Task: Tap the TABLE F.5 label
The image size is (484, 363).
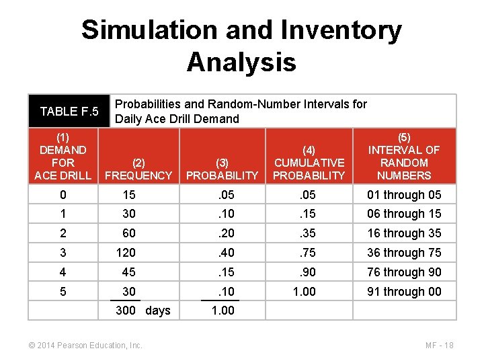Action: point(69,111)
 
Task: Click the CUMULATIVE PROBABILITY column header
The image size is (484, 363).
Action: point(309,169)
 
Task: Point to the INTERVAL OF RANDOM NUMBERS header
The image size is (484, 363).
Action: point(404,156)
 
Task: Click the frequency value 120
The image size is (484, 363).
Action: point(126,253)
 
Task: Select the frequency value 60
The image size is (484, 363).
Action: point(128,233)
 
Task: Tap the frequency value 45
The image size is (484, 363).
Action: point(128,272)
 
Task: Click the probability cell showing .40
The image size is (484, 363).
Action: point(223,253)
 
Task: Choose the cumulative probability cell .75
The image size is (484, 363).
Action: point(309,253)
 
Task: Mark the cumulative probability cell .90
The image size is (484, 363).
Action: point(309,272)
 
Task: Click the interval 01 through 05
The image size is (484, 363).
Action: point(404,195)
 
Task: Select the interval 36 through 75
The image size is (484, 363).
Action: point(404,253)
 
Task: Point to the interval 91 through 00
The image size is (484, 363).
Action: point(404,292)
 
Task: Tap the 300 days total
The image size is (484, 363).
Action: point(143,311)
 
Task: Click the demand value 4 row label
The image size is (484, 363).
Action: point(63,272)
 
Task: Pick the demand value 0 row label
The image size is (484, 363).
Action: point(63,195)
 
